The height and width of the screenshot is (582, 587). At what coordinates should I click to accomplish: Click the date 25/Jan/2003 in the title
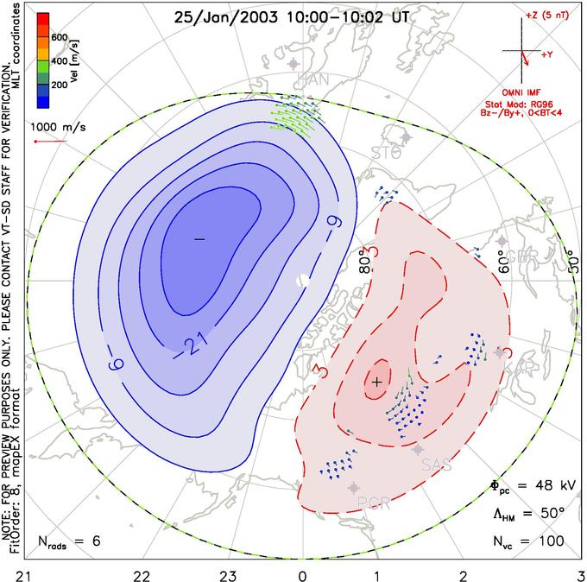point(221,16)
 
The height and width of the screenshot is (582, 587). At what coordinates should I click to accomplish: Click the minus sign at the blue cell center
point(199,238)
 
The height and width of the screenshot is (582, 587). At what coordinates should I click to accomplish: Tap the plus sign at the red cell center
point(376,381)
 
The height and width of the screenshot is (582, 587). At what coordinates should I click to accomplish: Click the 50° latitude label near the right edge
point(570,257)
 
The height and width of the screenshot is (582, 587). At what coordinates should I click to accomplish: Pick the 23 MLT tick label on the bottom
point(228,572)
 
